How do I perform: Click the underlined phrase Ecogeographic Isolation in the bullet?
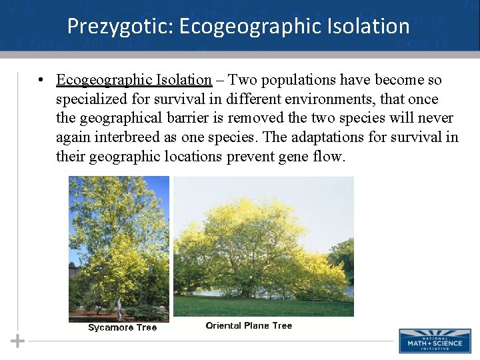click(133, 80)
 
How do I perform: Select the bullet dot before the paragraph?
click(41, 81)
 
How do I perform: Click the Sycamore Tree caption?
click(122, 328)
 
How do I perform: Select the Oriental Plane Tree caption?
click(249, 326)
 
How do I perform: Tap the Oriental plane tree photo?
click(263, 247)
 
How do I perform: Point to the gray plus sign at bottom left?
click(17, 341)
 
